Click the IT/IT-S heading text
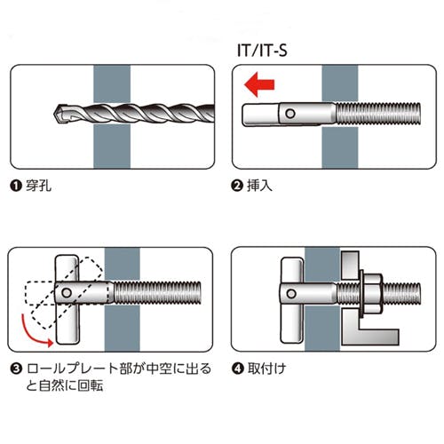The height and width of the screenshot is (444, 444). tap(262, 51)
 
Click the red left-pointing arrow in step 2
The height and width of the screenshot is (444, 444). tap(259, 84)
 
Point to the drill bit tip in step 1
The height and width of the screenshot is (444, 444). tap(55, 115)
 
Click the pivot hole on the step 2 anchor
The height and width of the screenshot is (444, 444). tap(290, 114)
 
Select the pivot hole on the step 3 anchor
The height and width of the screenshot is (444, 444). tap(67, 293)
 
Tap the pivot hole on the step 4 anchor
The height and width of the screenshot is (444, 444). tap(291, 294)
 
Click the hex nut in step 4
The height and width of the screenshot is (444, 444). tap(372, 294)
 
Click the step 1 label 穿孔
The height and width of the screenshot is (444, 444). tap(38, 186)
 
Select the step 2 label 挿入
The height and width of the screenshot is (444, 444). tap(259, 186)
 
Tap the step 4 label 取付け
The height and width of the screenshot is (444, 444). tap(266, 369)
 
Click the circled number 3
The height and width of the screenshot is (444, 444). tap(16, 369)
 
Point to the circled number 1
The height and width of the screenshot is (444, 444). tap(16, 186)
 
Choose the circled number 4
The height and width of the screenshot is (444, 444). tap(237, 369)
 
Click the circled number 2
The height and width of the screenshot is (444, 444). tap(237, 186)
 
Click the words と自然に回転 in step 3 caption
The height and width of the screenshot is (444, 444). tap(65, 386)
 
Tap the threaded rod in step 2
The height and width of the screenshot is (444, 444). tap(378, 114)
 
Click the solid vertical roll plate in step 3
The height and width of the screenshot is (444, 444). tap(67, 299)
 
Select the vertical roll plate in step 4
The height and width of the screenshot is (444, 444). tap(292, 300)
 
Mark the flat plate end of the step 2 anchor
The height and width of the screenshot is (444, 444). tap(260, 115)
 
